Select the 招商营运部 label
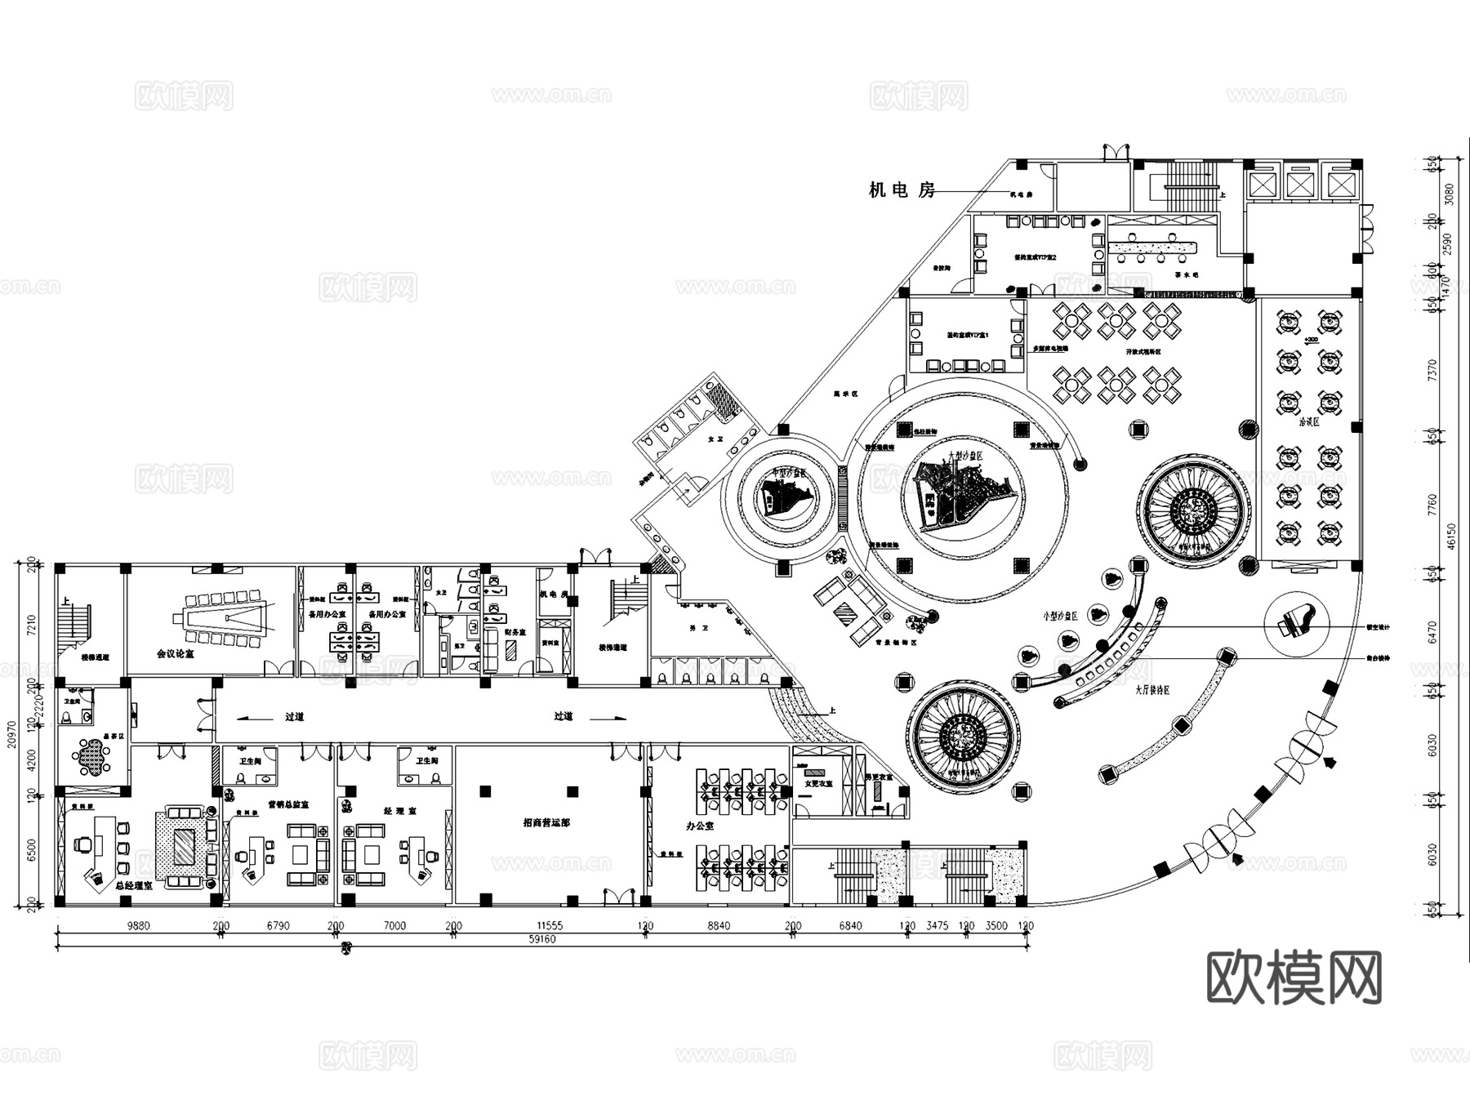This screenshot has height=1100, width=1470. pos(546,823)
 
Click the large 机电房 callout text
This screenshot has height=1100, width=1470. pos(902,190)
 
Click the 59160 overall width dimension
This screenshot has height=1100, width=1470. pos(542,939)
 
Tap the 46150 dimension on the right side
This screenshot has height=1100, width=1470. pos(1451,537)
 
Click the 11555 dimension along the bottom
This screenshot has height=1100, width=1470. pos(549,926)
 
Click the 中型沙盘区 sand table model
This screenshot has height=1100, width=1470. pos(782,494)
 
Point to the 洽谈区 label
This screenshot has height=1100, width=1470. pos(1308,422)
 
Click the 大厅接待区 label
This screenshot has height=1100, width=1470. pos(1151,690)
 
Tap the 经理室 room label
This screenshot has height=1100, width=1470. pos(400,812)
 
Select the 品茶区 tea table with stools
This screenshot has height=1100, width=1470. pos(92,757)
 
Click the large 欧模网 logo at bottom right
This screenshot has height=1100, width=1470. pos(1294,978)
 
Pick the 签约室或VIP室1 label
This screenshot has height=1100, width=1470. pos(968,336)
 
